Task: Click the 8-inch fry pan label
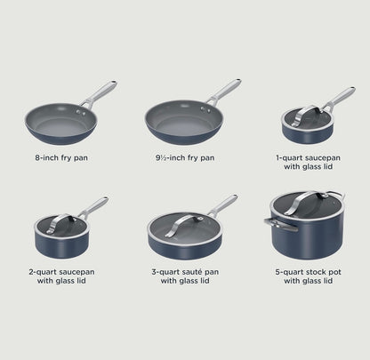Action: pos(61,157)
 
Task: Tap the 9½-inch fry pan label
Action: pos(185,157)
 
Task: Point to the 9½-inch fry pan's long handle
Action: pos(224,91)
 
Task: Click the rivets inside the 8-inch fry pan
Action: pos(80,112)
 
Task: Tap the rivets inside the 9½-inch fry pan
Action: pos(205,109)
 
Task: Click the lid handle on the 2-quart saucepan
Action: pos(60,224)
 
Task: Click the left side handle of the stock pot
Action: pos(280,224)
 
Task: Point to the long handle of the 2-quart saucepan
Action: pos(94,206)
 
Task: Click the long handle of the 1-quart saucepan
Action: pos(340,97)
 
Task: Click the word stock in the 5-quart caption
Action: pos(316,272)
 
